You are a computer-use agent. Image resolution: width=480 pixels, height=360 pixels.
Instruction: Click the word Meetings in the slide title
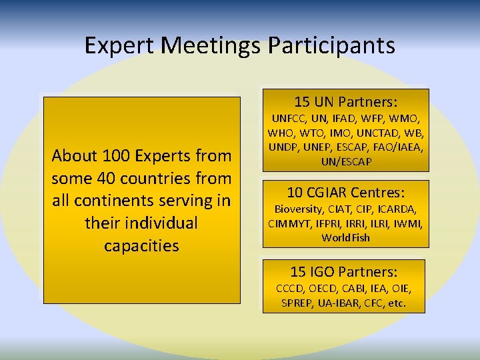click(212, 45)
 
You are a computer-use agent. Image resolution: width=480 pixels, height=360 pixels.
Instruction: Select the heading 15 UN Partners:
click(345, 102)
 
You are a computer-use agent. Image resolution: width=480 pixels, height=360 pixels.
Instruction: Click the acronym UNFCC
click(286, 118)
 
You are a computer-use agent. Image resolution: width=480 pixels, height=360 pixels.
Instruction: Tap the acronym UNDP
click(284, 147)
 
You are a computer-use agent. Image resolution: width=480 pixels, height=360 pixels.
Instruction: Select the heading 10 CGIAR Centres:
click(345, 193)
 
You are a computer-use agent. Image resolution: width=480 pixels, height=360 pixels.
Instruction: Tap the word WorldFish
click(345, 237)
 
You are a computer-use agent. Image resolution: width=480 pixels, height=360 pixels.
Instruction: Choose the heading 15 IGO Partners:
click(344, 272)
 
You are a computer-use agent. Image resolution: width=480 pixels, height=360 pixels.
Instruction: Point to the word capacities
click(141, 245)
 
